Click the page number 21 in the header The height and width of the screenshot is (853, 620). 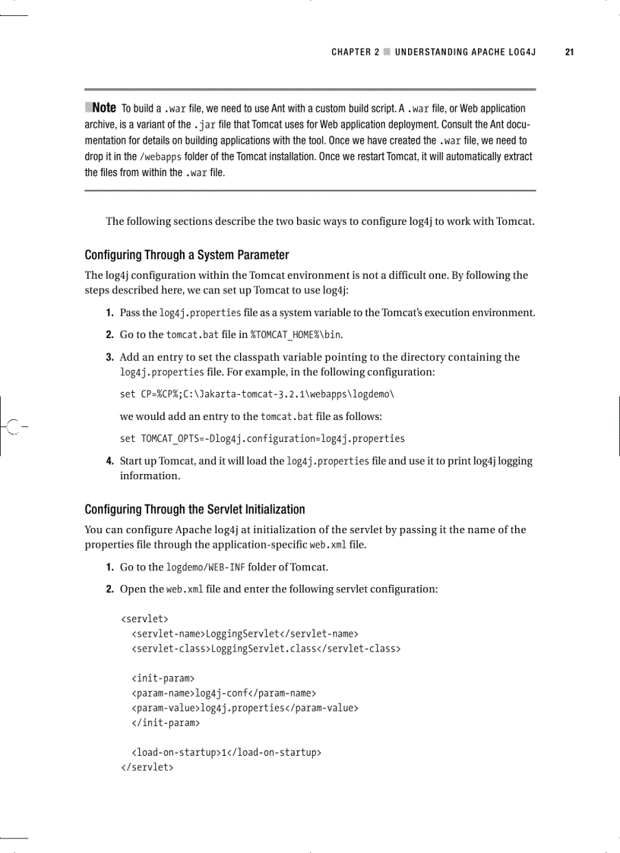point(568,52)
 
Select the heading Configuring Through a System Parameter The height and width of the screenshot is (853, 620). point(187,254)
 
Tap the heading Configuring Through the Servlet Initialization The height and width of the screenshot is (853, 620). point(195,509)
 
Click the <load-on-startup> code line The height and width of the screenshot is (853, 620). point(226,753)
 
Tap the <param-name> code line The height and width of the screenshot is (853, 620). point(223,693)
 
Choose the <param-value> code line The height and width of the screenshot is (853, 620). point(245,708)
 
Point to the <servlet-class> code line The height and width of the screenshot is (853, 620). point(266,649)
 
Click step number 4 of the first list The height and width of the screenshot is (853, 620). point(110,461)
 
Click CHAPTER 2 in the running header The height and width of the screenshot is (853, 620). point(355,52)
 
